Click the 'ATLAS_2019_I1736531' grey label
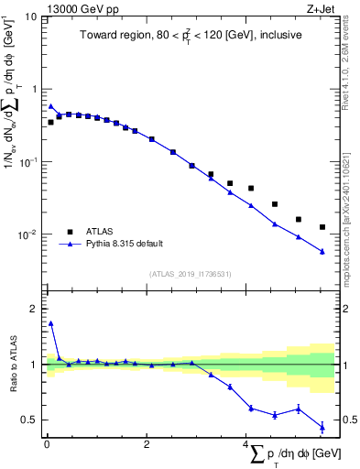[190, 273]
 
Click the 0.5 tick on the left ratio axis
[29, 420]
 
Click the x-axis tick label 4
[245, 444]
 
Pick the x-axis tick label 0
[47, 444]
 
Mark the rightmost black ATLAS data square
[322, 227]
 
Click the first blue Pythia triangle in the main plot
[51, 105]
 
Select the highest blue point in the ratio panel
[51, 322]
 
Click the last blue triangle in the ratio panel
[322, 427]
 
